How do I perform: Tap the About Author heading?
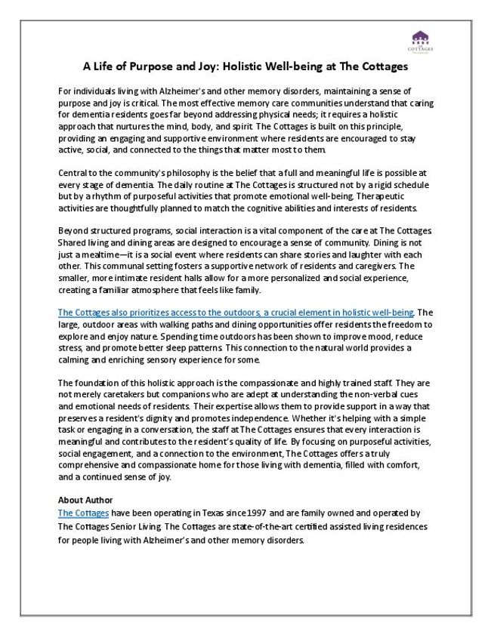(x=85, y=500)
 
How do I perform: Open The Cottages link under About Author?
(x=83, y=512)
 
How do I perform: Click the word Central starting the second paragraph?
(x=74, y=173)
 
